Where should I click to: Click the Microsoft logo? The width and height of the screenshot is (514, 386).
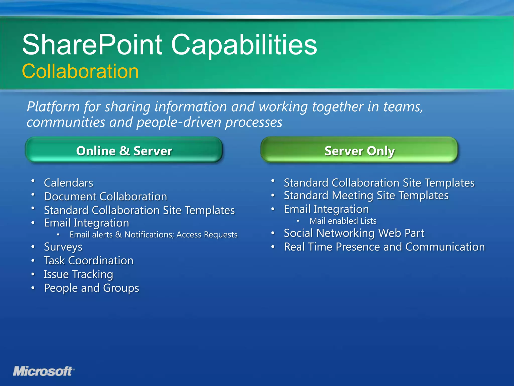pos(43,371)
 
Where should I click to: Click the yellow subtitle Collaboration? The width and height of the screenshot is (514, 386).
pos(80,71)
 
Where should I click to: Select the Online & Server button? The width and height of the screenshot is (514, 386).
pos(124,151)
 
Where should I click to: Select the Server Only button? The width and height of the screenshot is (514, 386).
pos(359,151)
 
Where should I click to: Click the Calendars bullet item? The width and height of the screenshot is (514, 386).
pos(69,183)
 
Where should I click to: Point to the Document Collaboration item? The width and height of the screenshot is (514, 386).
pos(105,197)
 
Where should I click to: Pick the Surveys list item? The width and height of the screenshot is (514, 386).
pos(63,247)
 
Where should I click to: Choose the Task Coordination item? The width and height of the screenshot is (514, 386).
pos(89,261)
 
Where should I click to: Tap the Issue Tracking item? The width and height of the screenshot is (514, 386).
pos(78,274)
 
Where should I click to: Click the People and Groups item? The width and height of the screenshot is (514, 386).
pos(91,288)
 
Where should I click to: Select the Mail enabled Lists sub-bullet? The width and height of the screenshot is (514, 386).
pos(343,221)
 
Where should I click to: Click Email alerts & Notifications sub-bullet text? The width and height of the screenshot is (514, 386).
pos(153,235)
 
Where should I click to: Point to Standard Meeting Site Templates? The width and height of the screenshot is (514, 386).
pos(366,196)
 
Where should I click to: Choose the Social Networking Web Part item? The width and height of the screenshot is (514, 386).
pos(354,233)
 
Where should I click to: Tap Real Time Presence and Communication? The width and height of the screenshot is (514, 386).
pos(384,247)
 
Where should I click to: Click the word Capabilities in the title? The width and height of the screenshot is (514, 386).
pos(244,45)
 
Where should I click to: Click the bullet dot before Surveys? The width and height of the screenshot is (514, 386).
pos(33,247)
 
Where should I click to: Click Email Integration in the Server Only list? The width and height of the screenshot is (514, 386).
pos(326,209)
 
